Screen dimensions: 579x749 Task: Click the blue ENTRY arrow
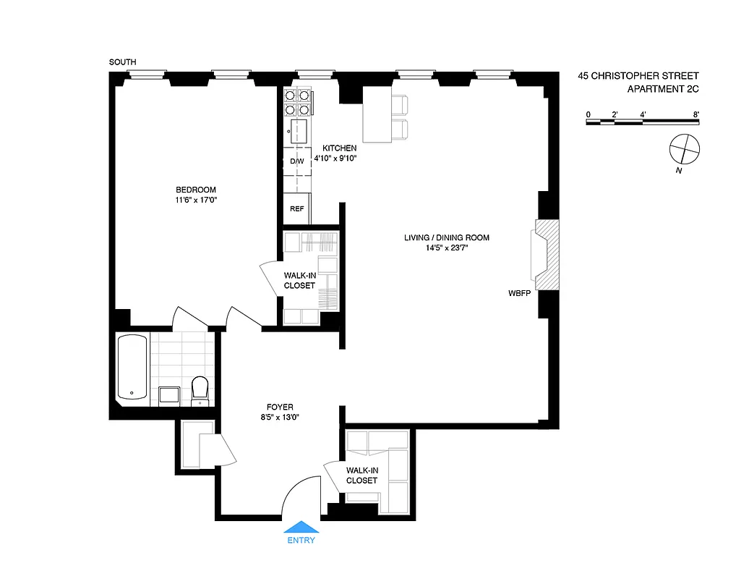pos(301,528)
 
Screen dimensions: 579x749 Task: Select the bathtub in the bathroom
pos(132,367)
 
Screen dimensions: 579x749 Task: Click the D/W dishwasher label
pos(297,161)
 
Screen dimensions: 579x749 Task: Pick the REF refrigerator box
pos(296,208)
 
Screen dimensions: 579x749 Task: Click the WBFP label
pos(520,295)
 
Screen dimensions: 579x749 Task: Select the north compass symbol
pos(684,150)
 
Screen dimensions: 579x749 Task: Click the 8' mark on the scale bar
pos(695,114)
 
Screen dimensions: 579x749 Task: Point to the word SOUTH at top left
pos(122,63)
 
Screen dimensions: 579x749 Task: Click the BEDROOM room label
pos(195,190)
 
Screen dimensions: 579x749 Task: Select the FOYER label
pos(279,407)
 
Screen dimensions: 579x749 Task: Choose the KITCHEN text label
pos(339,148)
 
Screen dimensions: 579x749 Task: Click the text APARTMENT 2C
pos(662,89)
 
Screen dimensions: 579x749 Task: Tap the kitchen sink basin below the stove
pos(297,132)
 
